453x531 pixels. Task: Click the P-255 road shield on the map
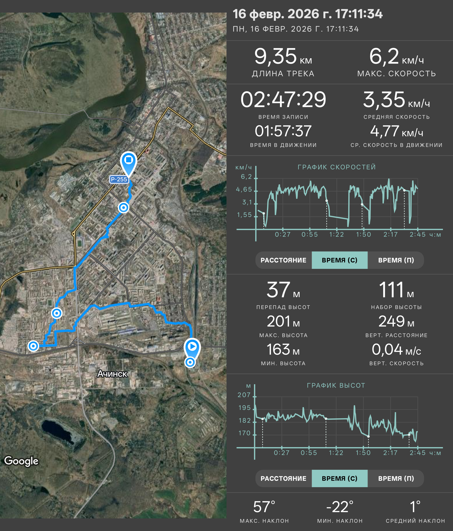pyautogui.click(x=119, y=179)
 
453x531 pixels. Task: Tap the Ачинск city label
pyautogui.click(x=112, y=374)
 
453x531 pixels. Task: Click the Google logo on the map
pyautogui.click(x=21, y=461)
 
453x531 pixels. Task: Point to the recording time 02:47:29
pyautogui.click(x=283, y=100)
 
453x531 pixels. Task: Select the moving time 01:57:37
pyautogui.click(x=283, y=131)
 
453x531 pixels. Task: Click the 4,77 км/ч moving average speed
pyautogui.click(x=396, y=131)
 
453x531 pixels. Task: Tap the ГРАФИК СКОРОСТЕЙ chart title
pyautogui.click(x=337, y=167)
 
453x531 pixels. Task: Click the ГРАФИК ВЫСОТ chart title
pyautogui.click(x=336, y=385)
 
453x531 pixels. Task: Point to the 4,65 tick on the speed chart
pyautogui.click(x=244, y=189)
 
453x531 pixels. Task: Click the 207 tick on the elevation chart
pyautogui.click(x=244, y=395)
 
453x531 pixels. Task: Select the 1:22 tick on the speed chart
pyautogui.click(x=336, y=234)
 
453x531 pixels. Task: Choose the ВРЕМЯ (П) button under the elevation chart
pyautogui.click(x=396, y=478)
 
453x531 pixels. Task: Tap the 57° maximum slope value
pyautogui.click(x=264, y=507)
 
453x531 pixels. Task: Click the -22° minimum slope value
pyautogui.click(x=340, y=507)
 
